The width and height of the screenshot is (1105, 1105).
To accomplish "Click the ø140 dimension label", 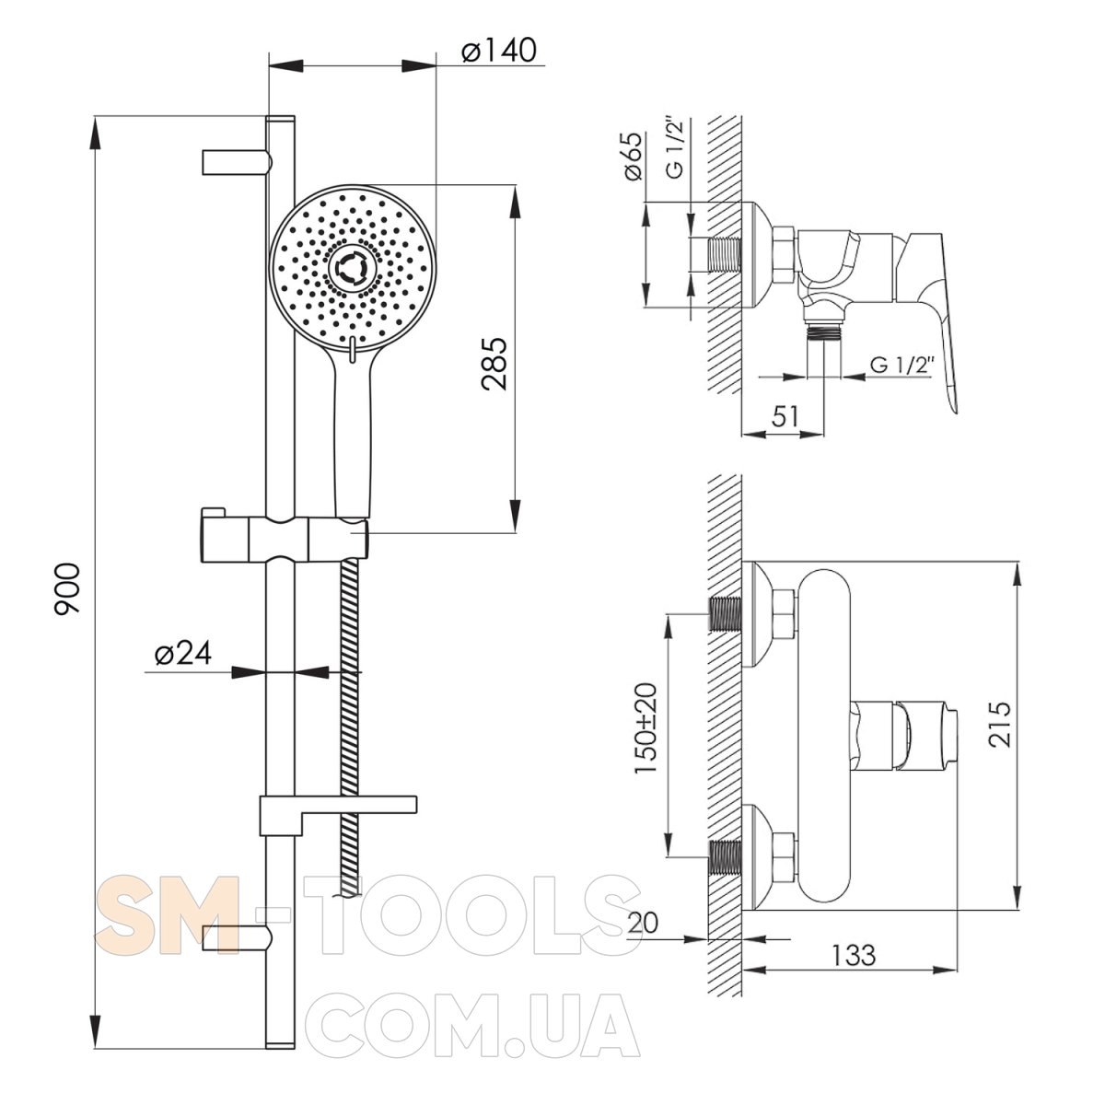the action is (x=499, y=51).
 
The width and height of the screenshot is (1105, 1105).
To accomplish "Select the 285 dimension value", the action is (x=494, y=364).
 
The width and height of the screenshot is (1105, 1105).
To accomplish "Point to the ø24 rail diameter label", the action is (x=183, y=653).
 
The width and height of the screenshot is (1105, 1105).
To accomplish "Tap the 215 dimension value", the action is (x=999, y=725).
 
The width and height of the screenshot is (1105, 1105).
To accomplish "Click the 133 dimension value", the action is (x=854, y=955).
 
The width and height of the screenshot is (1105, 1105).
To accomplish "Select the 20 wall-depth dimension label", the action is (x=643, y=924).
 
